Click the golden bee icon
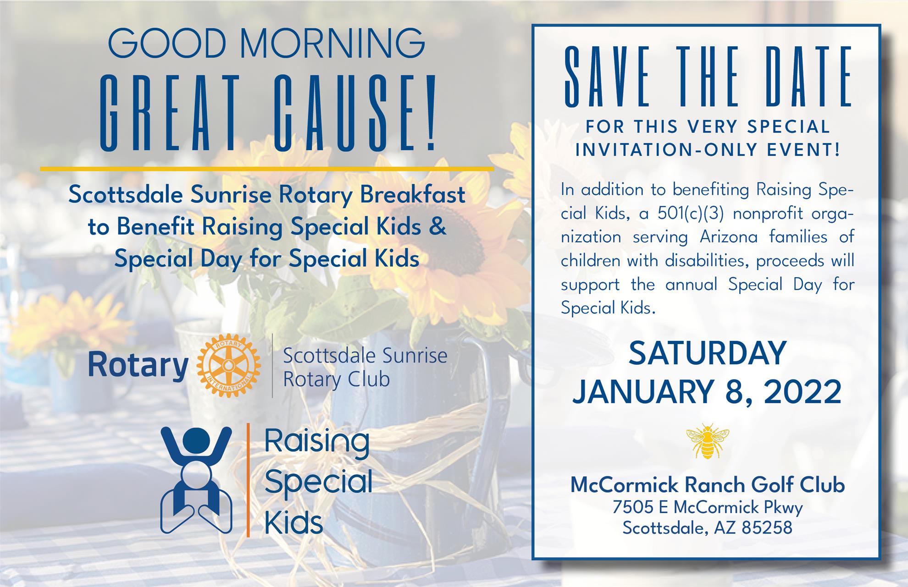pos(708,441)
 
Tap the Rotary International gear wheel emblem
pos(228,365)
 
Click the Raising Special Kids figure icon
pos(196,480)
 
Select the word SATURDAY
pos(707,354)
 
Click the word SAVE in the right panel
pos(607,77)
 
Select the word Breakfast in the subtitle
pos(412,195)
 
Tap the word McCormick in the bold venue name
pos(619,485)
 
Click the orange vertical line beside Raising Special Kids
pos(248,480)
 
